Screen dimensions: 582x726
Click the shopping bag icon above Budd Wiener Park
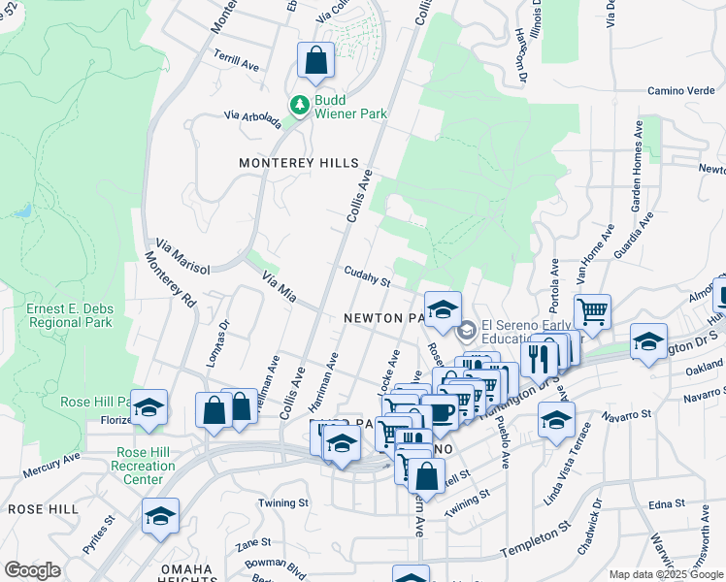(316, 61)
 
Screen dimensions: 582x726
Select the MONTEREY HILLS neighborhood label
(299, 164)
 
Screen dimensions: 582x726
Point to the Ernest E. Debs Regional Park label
(70, 315)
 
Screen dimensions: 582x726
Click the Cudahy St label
(365, 277)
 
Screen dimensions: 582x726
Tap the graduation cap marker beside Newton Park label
(443, 310)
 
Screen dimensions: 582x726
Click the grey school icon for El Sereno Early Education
(466, 332)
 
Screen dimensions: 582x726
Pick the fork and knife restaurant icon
(540, 358)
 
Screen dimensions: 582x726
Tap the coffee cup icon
(442, 414)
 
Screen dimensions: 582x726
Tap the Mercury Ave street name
(52, 467)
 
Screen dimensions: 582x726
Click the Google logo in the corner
(32, 570)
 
